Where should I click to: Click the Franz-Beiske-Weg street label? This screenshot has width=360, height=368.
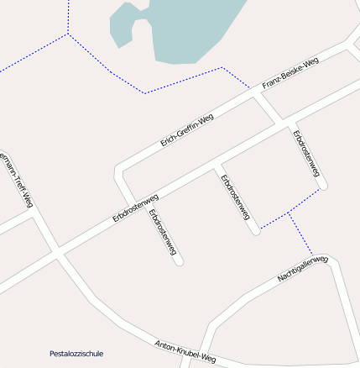[x=290, y=74]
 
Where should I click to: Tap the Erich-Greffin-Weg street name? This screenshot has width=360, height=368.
[x=187, y=130]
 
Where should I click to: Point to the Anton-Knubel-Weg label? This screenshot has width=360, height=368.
[x=185, y=351]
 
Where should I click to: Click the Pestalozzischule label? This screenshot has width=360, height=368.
[x=76, y=354]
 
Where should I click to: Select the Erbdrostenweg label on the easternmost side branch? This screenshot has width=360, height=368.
[x=307, y=153]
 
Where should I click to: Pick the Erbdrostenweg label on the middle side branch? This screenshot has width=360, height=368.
[x=235, y=197]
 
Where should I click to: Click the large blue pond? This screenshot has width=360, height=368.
[x=185, y=29]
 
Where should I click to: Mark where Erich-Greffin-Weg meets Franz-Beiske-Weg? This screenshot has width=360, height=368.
[x=258, y=94]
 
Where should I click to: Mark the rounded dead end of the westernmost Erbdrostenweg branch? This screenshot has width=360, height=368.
[x=178, y=260]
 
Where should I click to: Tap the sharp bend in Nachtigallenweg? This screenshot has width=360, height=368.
[x=334, y=260]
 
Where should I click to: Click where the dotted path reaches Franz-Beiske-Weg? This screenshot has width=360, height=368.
[x=250, y=88]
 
